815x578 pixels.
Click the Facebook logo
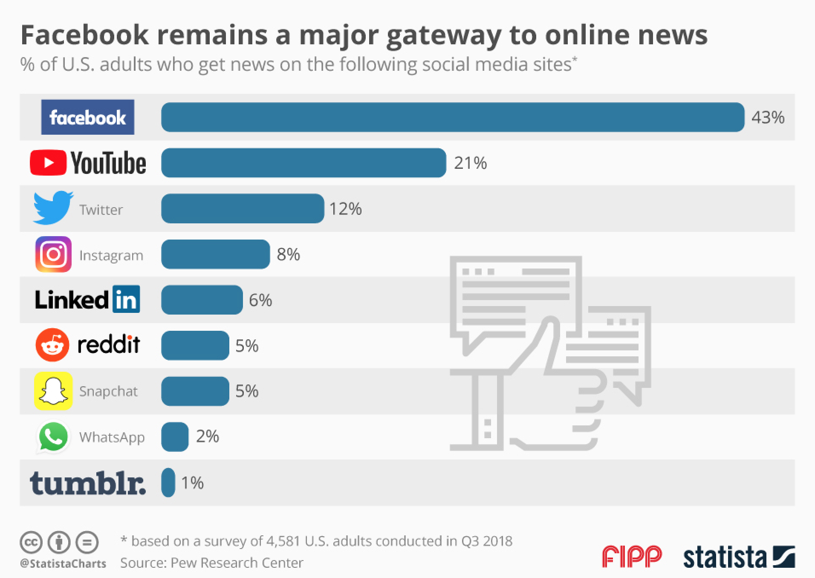(87, 117)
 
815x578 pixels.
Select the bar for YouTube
(303, 163)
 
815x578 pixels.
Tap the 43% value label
(768, 117)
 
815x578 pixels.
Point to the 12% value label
(345, 209)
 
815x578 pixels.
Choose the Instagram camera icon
(53, 254)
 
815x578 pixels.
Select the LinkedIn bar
(202, 300)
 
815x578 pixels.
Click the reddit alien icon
(52, 345)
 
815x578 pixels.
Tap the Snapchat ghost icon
(53, 391)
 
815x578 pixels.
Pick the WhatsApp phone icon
(53, 436)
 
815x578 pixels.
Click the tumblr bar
(168, 483)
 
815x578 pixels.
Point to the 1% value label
(192, 483)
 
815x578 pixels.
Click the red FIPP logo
(632, 557)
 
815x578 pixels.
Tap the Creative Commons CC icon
(31, 543)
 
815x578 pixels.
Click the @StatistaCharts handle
(63, 564)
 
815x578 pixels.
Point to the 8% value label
(289, 254)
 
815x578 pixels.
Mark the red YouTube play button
(48, 162)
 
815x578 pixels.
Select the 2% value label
(208, 436)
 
